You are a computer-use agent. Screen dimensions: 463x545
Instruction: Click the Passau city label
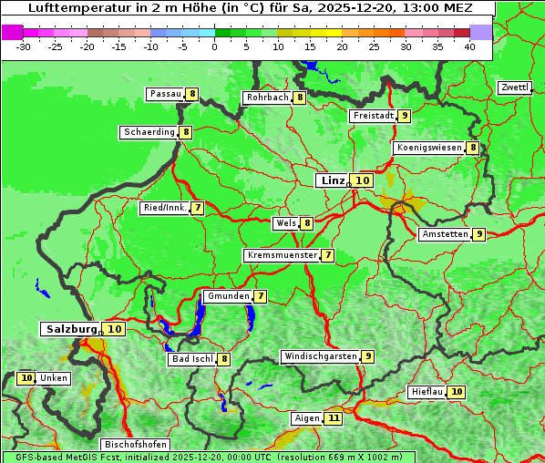point(165,94)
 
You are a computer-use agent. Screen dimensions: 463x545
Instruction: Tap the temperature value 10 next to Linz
point(363,180)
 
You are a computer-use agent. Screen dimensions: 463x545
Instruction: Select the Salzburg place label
point(72,329)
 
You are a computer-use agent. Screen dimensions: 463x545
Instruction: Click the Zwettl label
point(515,87)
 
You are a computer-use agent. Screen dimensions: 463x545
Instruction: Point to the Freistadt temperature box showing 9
point(404,116)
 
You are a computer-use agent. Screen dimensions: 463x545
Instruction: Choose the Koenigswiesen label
point(429,148)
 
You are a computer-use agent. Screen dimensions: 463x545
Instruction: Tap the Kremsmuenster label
point(282,255)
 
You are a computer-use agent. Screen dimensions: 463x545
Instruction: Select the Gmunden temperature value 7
point(261,296)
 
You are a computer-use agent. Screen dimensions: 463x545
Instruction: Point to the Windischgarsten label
point(320,356)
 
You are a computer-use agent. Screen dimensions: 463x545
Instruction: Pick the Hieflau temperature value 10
point(457,392)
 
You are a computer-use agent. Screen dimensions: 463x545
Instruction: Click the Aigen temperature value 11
point(334,418)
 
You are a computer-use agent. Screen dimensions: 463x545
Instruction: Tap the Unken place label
point(54,378)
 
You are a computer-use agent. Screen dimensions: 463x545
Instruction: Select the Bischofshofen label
point(134,445)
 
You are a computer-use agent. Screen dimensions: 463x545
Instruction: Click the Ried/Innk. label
point(165,208)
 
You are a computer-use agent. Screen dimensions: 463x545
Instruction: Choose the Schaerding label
point(149,132)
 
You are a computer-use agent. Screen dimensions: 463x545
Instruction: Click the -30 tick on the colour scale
point(24,46)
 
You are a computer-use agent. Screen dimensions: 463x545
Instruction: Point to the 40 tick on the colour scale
point(468,46)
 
